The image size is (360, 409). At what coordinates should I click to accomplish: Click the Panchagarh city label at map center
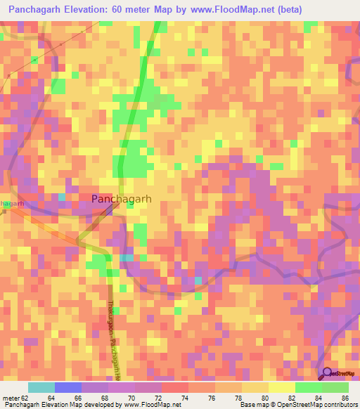(121, 199)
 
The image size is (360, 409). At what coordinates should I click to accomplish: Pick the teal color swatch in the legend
(41, 387)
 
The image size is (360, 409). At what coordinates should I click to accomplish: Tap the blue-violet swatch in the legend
(68, 387)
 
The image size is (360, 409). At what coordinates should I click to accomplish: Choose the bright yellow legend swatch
(282, 387)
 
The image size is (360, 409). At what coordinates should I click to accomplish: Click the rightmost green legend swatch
(335, 387)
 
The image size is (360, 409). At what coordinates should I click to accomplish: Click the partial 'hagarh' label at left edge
(12, 203)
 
